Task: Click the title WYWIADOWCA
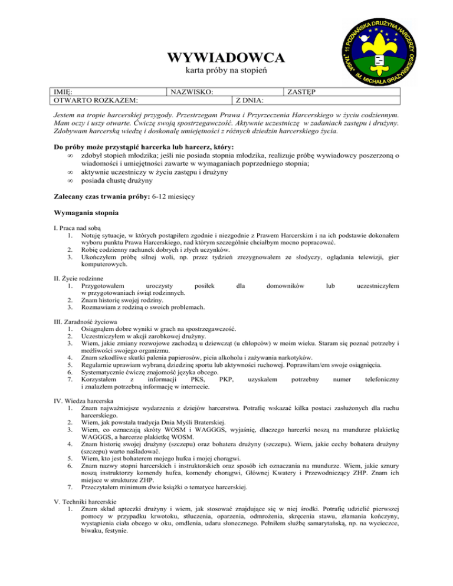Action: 226,58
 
